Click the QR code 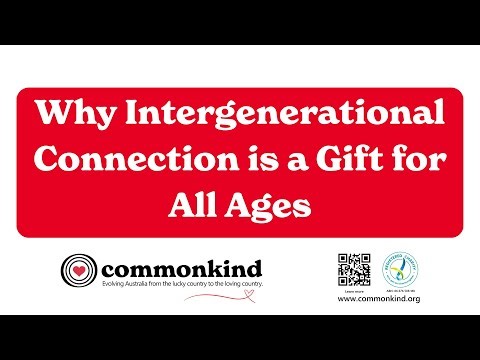click(353, 269)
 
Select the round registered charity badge click(401, 267)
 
